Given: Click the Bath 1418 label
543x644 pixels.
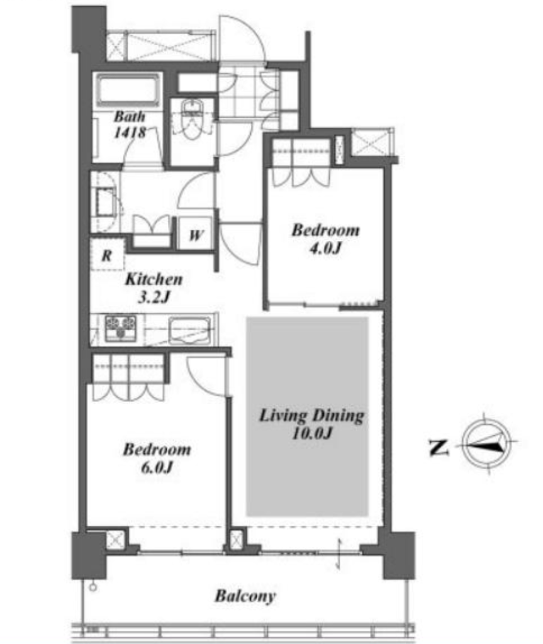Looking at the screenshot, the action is (130, 125).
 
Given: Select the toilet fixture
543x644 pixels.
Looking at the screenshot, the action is (191, 119).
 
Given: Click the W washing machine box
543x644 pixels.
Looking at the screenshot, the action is (195, 235).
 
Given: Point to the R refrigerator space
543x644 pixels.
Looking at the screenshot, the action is (106, 255).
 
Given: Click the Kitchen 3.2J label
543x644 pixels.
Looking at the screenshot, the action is (154, 287).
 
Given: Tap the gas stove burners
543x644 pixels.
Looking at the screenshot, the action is (120, 328).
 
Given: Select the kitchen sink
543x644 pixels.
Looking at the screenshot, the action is (190, 330).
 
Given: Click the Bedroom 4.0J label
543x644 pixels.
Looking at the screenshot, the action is (325, 238).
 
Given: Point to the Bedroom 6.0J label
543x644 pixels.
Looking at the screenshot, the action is (157, 458).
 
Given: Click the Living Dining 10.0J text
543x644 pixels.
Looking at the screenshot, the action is (311, 424).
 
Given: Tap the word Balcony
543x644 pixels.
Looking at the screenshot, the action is (245, 596).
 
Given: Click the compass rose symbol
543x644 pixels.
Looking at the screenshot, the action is (488, 443).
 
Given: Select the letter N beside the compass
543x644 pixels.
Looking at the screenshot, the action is (438, 447).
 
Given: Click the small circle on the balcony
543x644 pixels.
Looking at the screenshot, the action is (93, 587).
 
